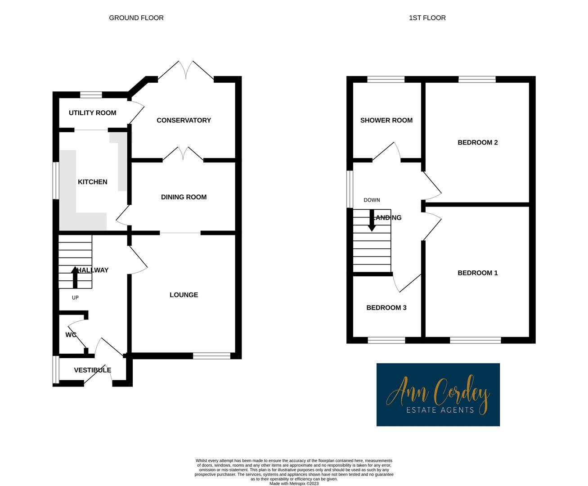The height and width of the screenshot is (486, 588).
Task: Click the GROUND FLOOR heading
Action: click(x=136, y=18)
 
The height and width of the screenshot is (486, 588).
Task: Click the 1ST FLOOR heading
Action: click(x=427, y=18)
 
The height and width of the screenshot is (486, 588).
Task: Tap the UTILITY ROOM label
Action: click(x=92, y=113)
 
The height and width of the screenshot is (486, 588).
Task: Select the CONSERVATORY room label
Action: click(x=184, y=120)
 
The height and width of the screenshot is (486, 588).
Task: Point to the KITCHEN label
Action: click(x=93, y=182)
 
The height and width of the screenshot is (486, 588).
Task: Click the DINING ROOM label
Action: click(x=184, y=197)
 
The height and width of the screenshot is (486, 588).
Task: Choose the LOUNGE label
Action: click(x=184, y=295)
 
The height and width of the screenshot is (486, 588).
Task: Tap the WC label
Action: click(x=71, y=335)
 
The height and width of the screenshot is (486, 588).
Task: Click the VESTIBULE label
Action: click(x=92, y=370)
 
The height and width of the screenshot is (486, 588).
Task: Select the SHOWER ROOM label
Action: click(x=386, y=120)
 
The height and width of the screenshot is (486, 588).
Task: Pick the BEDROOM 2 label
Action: click(x=477, y=143)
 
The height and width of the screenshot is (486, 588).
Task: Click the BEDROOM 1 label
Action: click(x=477, y=273)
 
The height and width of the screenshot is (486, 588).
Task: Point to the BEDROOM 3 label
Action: click(x=386, y=308)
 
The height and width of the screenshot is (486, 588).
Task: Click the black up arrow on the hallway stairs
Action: click(x=75, y=277)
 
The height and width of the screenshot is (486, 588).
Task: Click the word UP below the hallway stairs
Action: click(x=75, y=297)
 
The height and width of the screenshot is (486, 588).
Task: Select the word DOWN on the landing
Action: click(x=372, y=200)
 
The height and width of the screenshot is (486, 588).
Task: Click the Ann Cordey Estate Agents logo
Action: click(x=438, y=395)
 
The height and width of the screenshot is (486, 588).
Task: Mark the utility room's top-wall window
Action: click(x=91, y=94)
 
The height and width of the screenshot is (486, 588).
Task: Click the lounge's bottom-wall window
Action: click(x=211, y=355)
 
